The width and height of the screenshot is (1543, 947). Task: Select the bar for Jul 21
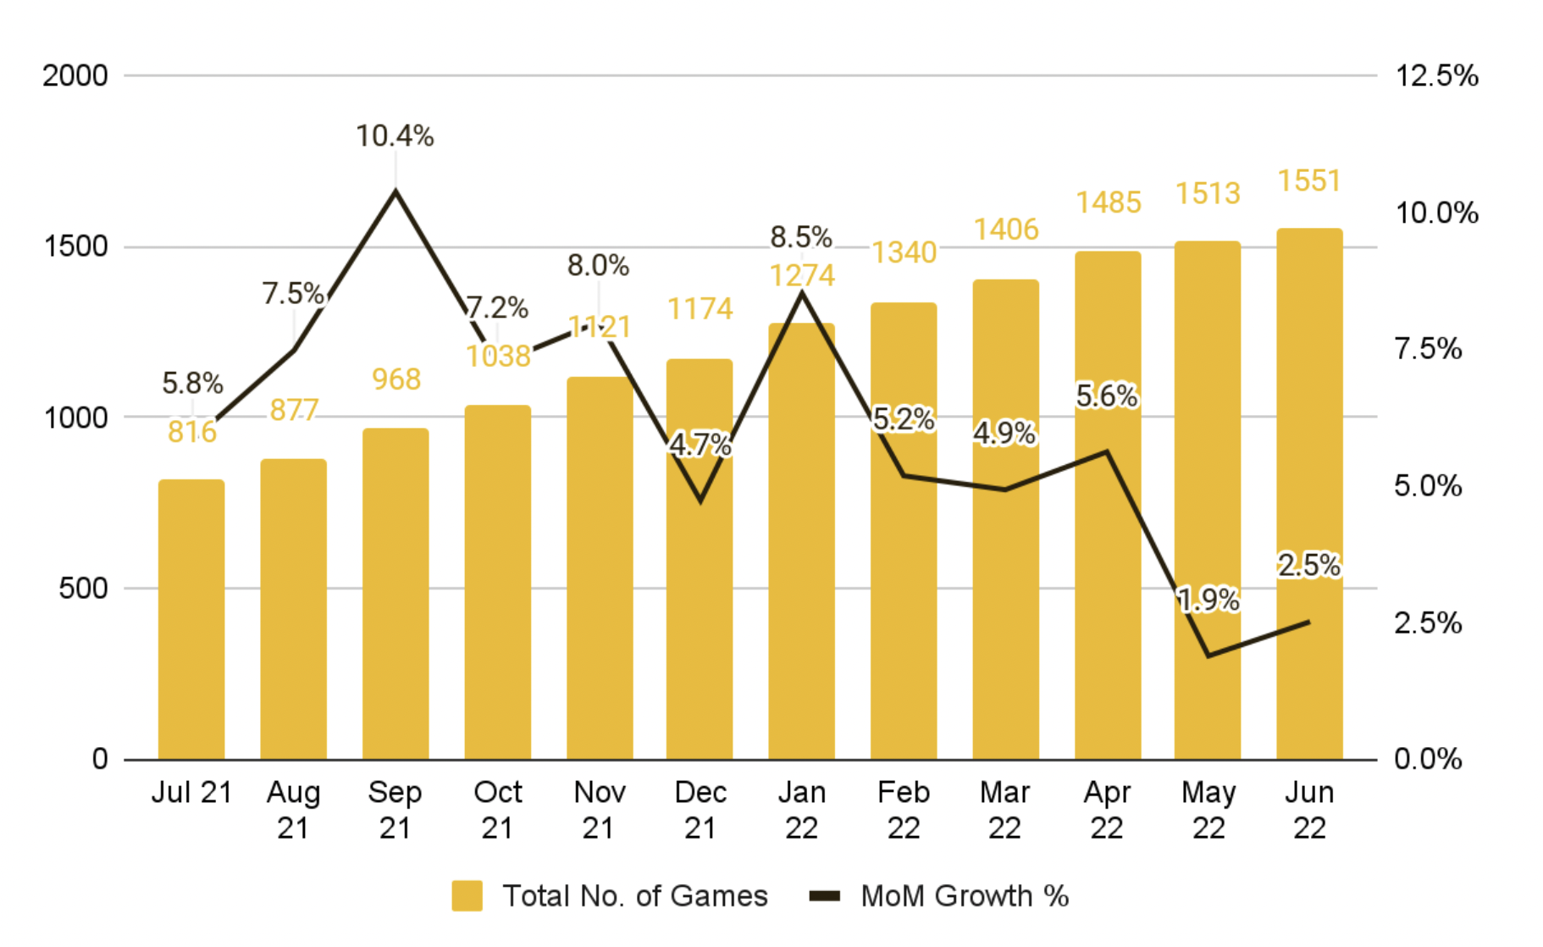coord(191,618)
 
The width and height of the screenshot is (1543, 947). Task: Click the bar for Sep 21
coord(395,593)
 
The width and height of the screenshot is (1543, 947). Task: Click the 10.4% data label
coord(395,136)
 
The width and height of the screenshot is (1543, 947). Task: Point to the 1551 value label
coord(1309,180)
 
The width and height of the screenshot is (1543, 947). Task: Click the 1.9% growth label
coord(1208,600)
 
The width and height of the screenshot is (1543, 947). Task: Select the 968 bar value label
coord(396,379)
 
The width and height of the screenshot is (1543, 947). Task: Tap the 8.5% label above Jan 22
coord(801,237)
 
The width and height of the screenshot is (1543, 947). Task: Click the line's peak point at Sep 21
coord(395,191)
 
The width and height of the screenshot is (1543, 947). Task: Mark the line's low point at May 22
coord(1208,656)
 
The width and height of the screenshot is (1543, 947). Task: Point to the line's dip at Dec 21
coord(700,501)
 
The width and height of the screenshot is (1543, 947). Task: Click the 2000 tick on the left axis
coord(75,75)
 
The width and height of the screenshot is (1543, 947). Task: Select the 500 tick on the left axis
coord(83,588)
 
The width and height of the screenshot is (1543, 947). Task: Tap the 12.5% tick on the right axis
coord(1436,75)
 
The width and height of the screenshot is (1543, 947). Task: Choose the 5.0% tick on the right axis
coord(1428,486)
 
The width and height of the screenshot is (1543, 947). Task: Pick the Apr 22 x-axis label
coord(1107,809)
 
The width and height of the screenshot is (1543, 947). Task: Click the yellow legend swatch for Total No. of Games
coord(467,895)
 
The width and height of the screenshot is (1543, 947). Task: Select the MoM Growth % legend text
coord(965,895)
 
